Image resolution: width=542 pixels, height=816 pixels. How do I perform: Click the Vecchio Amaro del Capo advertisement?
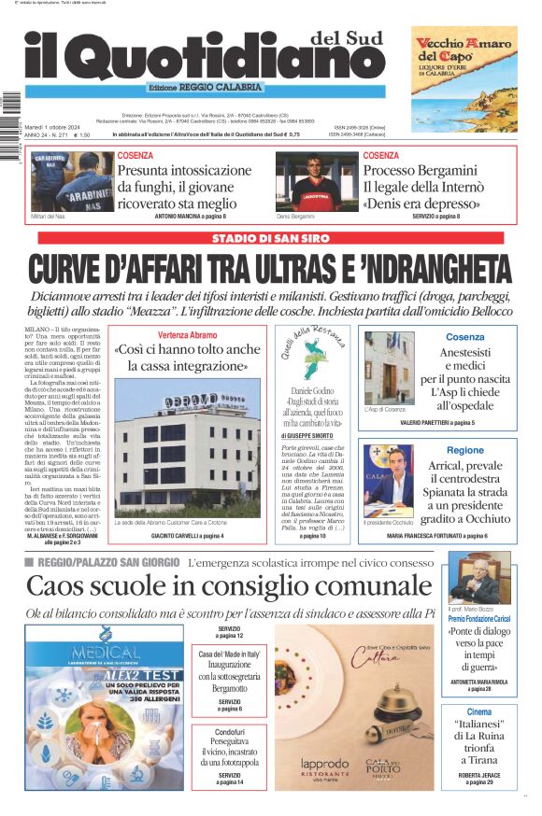464,78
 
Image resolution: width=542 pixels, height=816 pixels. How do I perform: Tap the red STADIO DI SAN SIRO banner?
270,239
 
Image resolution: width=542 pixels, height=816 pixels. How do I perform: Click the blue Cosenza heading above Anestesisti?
464,336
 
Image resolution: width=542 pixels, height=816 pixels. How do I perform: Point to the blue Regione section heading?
464,450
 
